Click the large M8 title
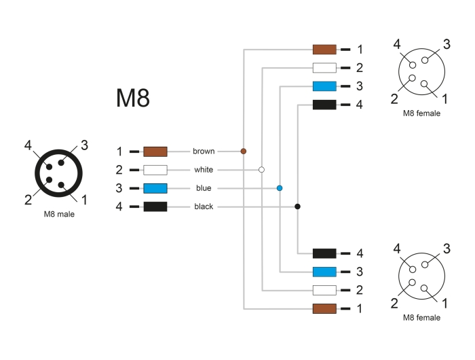tap(133, 98)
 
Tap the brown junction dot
tap(243, 151)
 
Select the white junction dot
tap(261, 170)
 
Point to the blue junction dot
tap(280, 188)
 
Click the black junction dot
tap(297, 206)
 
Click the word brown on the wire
tap(204, 151)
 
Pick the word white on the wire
tap(204, 170)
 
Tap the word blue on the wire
tap(204, 188)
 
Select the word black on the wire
tap(204, 206)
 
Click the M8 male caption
tap(59, 214)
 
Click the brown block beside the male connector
tap(155, 151)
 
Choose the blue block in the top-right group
tap(324, 86)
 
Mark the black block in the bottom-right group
tap(324, 253)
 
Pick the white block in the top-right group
tap(324, 68)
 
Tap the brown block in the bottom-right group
tap(324, 309)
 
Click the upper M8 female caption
tap(421, 113)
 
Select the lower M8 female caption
tap(421, 317)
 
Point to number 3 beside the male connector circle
tap(85, 145)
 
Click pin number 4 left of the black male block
tap(119, 206)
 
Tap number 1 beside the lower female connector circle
tap(445, 304)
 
